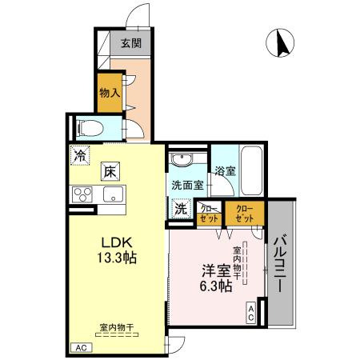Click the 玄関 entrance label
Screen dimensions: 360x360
click(x=131, y=45)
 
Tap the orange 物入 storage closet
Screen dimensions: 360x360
click(x=109, y=94)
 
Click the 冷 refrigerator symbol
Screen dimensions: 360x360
click(x=79, y=156)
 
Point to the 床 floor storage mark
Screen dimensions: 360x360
click(x=109, y=170)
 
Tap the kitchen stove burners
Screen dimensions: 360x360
click(x=83, y=194)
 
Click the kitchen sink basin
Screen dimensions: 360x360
click(x=110, y=194)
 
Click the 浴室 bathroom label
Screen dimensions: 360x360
click(x=225, y=170)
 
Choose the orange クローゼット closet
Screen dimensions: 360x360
click(x=243, y=213)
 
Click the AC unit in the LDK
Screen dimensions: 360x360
click(x=80, y=348)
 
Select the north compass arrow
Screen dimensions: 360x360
click(x=282, y=42)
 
